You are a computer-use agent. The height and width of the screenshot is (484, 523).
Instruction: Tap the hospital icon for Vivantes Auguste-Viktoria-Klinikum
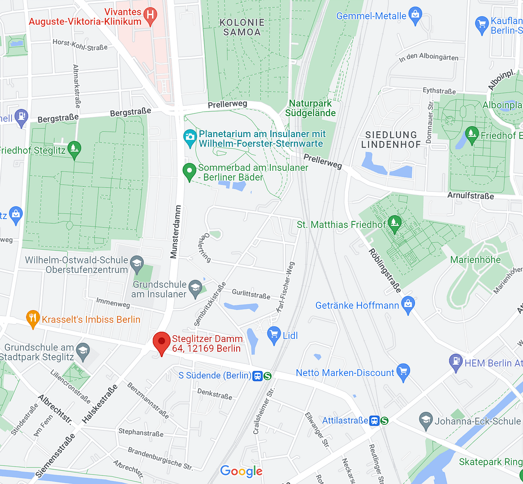(150, 15)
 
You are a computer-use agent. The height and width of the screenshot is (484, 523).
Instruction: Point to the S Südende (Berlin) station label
(215, 376)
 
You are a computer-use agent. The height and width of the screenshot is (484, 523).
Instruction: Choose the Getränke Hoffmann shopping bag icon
(408, 305)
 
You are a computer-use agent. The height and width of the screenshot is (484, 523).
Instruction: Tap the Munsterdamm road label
(175, 232)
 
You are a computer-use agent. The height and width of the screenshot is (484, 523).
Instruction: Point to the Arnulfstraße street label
(471, 196)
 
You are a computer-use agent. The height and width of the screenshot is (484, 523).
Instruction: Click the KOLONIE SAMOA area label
(242, 27)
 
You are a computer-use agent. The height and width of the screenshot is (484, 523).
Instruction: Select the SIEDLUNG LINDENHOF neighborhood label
(391, 139)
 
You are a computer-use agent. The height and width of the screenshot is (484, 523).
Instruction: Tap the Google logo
(241, 471)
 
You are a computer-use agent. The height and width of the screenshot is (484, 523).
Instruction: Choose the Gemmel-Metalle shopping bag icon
(415, 14)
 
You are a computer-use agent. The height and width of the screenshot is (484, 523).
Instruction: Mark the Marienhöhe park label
(475, 259)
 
